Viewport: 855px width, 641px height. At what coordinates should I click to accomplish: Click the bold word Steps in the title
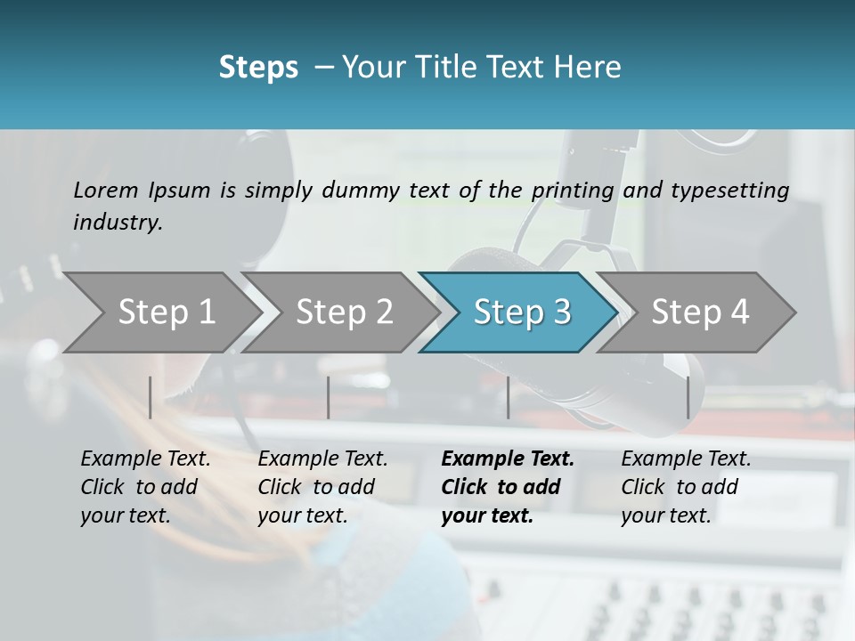[258, 68]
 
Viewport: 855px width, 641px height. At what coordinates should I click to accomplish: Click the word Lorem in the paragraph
[106, 191]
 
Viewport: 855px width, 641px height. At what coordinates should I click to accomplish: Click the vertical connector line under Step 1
[151, 397]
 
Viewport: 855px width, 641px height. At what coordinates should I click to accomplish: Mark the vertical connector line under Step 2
[329, 397]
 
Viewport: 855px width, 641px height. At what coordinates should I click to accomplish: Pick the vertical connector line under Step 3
[508, 397]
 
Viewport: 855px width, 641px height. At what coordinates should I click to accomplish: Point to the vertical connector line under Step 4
[688, 397]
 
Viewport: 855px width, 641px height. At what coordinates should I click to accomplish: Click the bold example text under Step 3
[507, 487]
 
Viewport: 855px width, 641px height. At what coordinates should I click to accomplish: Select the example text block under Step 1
[145, 487]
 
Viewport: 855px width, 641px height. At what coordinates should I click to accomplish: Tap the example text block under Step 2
[322, 487]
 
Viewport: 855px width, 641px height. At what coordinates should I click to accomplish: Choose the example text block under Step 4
[686, 487]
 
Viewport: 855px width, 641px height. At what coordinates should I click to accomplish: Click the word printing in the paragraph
[571, 191]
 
